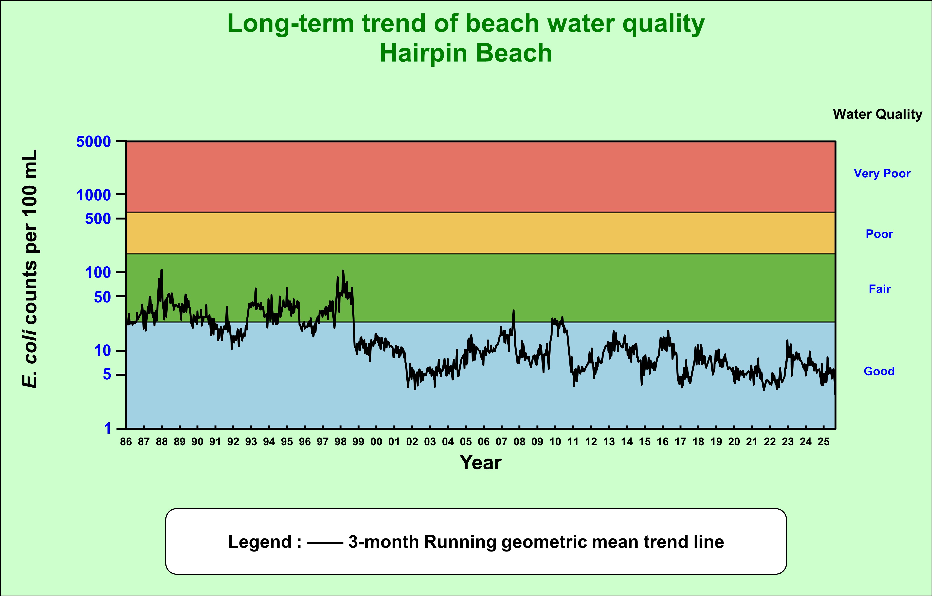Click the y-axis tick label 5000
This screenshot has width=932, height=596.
tap(93, 142)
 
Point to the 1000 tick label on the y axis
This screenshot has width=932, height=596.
tap(93, 195)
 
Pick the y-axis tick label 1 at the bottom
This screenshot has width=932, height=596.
tap(107, 428)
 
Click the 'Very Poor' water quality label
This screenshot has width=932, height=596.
tap(882, 173)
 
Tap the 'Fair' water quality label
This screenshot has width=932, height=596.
tap(880, 289)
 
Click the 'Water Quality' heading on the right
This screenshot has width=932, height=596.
tap(878, 114)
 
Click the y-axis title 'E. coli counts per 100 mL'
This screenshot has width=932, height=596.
tap(30, 268)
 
